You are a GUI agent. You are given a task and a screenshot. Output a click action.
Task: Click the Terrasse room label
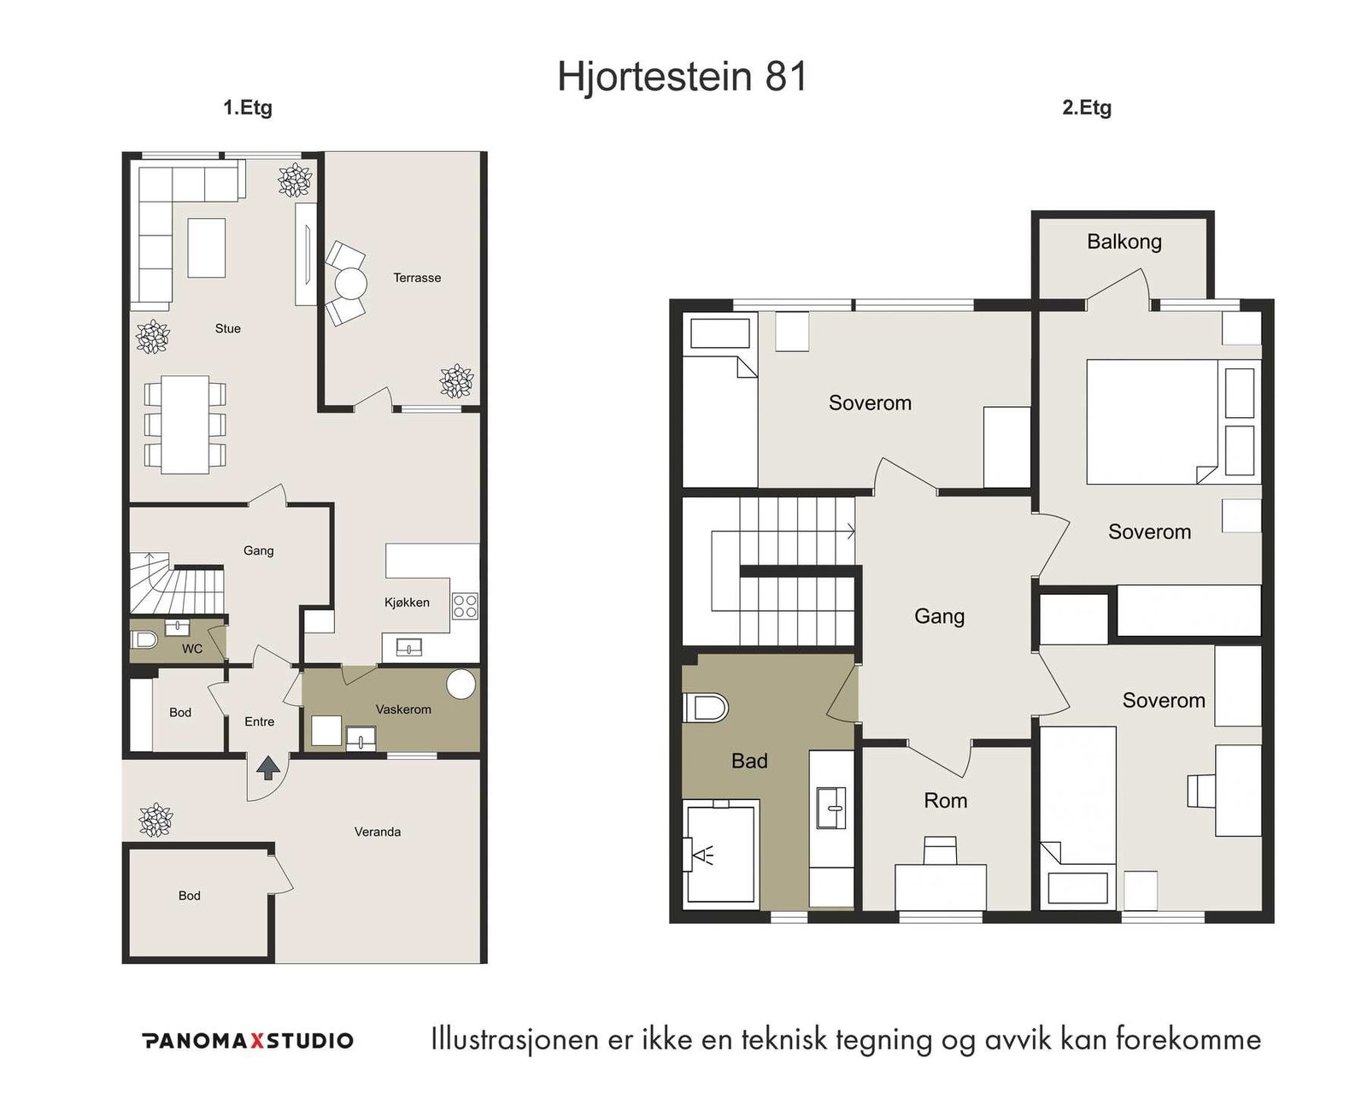pos(417,278)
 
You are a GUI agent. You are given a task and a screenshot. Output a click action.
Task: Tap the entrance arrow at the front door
pos(267,768)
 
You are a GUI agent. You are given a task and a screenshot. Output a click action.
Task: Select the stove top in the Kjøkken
pos(465,606)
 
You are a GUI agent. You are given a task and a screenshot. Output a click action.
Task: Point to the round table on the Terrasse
pos(350,284)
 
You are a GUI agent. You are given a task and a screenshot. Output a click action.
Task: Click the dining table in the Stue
pos(185,425)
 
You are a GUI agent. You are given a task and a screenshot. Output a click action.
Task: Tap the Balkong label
pos(1124,242)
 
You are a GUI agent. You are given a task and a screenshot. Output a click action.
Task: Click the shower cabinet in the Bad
pos(721,851)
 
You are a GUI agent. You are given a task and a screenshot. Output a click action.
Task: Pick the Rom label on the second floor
pos(945,801)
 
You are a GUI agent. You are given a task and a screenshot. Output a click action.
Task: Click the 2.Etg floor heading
pos(1086,108)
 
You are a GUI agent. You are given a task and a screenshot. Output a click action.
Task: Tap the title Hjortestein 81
pos(683,76)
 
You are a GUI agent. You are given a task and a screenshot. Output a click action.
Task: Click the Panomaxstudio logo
pos(249,1041)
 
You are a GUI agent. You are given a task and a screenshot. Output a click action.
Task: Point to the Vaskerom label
pos(403,709)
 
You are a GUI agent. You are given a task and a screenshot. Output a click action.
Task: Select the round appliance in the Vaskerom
pos(461,684)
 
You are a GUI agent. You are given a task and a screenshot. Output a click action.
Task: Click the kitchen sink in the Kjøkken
pos(409,648)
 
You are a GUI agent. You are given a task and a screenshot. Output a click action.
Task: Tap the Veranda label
pos(378,832)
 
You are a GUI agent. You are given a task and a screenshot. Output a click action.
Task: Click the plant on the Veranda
pos(155,820)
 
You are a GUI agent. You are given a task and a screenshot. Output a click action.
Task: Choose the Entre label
pos(259,721)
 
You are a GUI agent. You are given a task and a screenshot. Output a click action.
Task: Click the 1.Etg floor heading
pos(248,108)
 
